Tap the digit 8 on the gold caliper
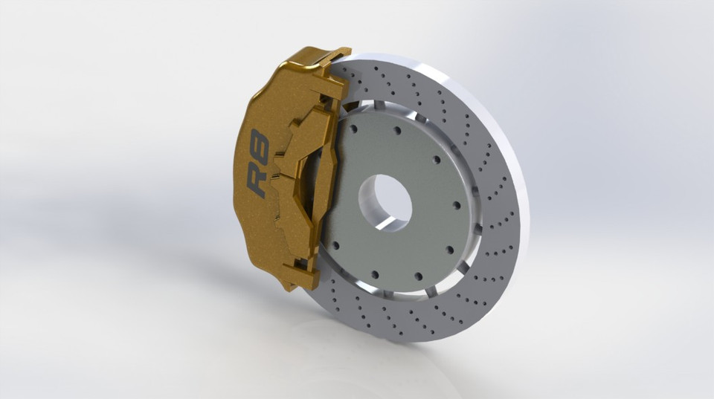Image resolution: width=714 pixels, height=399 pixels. [x=259, y=143]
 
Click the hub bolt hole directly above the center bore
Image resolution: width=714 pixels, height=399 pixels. [x=396, y=130]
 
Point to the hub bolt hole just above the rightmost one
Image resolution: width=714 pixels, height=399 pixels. [x=435, y=159]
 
